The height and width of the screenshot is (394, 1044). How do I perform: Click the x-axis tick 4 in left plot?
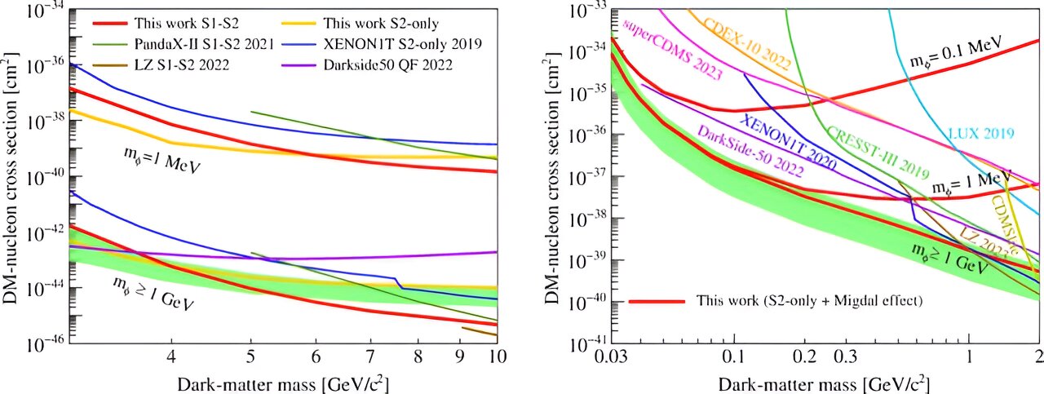171,356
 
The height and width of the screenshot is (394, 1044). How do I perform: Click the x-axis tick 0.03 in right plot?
611,356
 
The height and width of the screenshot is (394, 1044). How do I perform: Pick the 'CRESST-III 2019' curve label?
866,152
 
